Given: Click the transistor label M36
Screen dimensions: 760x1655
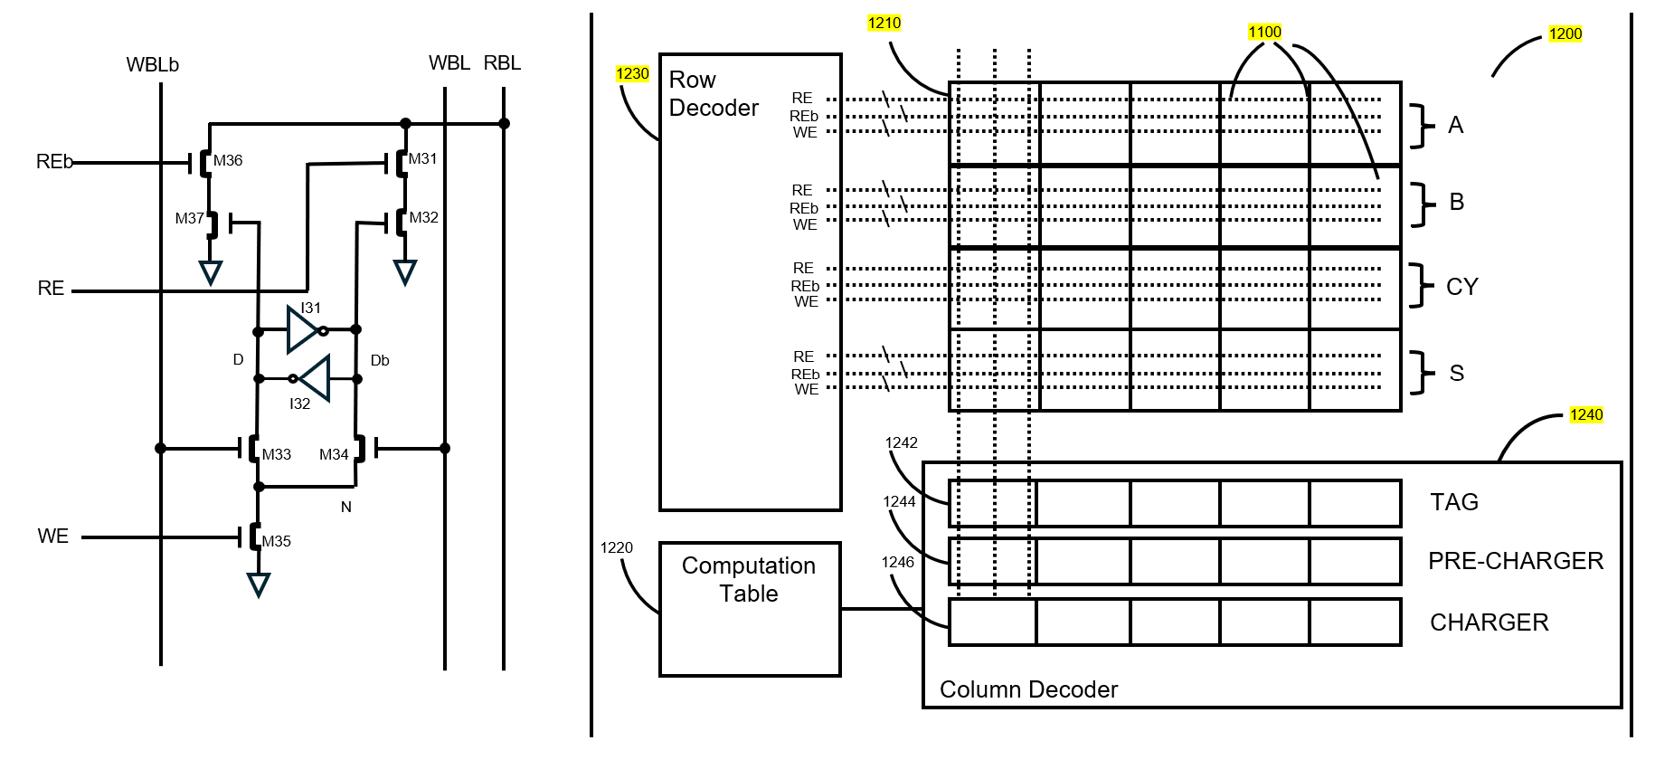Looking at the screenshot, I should pyautogui.click(x=228, y=160).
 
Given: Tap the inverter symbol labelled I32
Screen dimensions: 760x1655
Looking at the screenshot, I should pyautogui.click(x=312, y=378).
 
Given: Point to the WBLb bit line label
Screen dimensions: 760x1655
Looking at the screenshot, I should pyautogui.click(x=153, y=65).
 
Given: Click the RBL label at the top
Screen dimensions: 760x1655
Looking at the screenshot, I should pyautogui.click(x=502, y=63).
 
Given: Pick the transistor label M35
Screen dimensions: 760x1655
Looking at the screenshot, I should pyautogui.click(x=276, y=541).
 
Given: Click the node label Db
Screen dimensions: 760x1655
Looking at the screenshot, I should pyautogui.click(x=380, y=360).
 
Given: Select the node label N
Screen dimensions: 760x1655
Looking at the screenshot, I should pyautogui.click(x=345, y=507).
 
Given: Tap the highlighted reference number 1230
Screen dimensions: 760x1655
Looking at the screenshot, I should pyautogui.click(x=632, y=74).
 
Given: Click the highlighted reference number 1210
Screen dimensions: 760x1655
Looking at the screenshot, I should pyautogui.click(x=884, y=24).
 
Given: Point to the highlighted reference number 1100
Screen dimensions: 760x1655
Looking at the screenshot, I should pyautogui.click(x=1264, y=33).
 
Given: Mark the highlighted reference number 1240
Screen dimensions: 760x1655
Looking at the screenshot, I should pyautogui.click(x=1586, y=414).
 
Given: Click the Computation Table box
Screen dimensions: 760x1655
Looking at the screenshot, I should pyautogui.click(x=750, y=608).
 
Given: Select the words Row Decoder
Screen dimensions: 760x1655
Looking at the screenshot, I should pyautogui.click(x=713, y=94).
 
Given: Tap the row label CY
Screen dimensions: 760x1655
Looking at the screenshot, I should pyautogui.click(x=1461, y=287).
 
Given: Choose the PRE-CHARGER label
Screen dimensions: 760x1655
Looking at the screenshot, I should pyautogui.click(x=1516, y=561).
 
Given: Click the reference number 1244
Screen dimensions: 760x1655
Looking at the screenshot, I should pyautogui.click(x=899, y=501).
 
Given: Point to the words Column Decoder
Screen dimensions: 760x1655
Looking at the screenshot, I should pyautogui.click(x=1028, y=689).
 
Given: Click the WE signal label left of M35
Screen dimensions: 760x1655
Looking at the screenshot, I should pyautogui.click(x=53, y=537).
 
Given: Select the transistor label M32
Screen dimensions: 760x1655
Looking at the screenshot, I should pyautogui.click(x=423, y=217).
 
